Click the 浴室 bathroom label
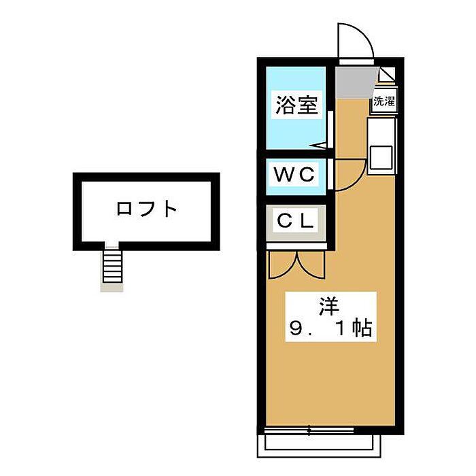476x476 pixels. pos(296,105)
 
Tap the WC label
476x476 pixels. pos(294,175)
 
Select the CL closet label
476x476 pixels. pos(295,221)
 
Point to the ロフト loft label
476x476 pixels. pos(147,209)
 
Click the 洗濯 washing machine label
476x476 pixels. pos(384,101)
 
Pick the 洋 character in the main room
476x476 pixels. pos(328,306)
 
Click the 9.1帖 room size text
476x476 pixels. pos(330,328)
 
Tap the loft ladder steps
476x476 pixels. pos(113,267)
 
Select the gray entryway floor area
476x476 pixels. pos(356,82)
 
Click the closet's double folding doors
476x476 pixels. pos(297,264)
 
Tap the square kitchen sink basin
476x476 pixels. pos(381,157)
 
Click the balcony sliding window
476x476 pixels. pos(309,430)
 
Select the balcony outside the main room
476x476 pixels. pos(319,446)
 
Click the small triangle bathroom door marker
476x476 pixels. pos(318,146)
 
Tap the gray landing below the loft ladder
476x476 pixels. pos(112,288)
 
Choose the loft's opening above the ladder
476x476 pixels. pos(112,245)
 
